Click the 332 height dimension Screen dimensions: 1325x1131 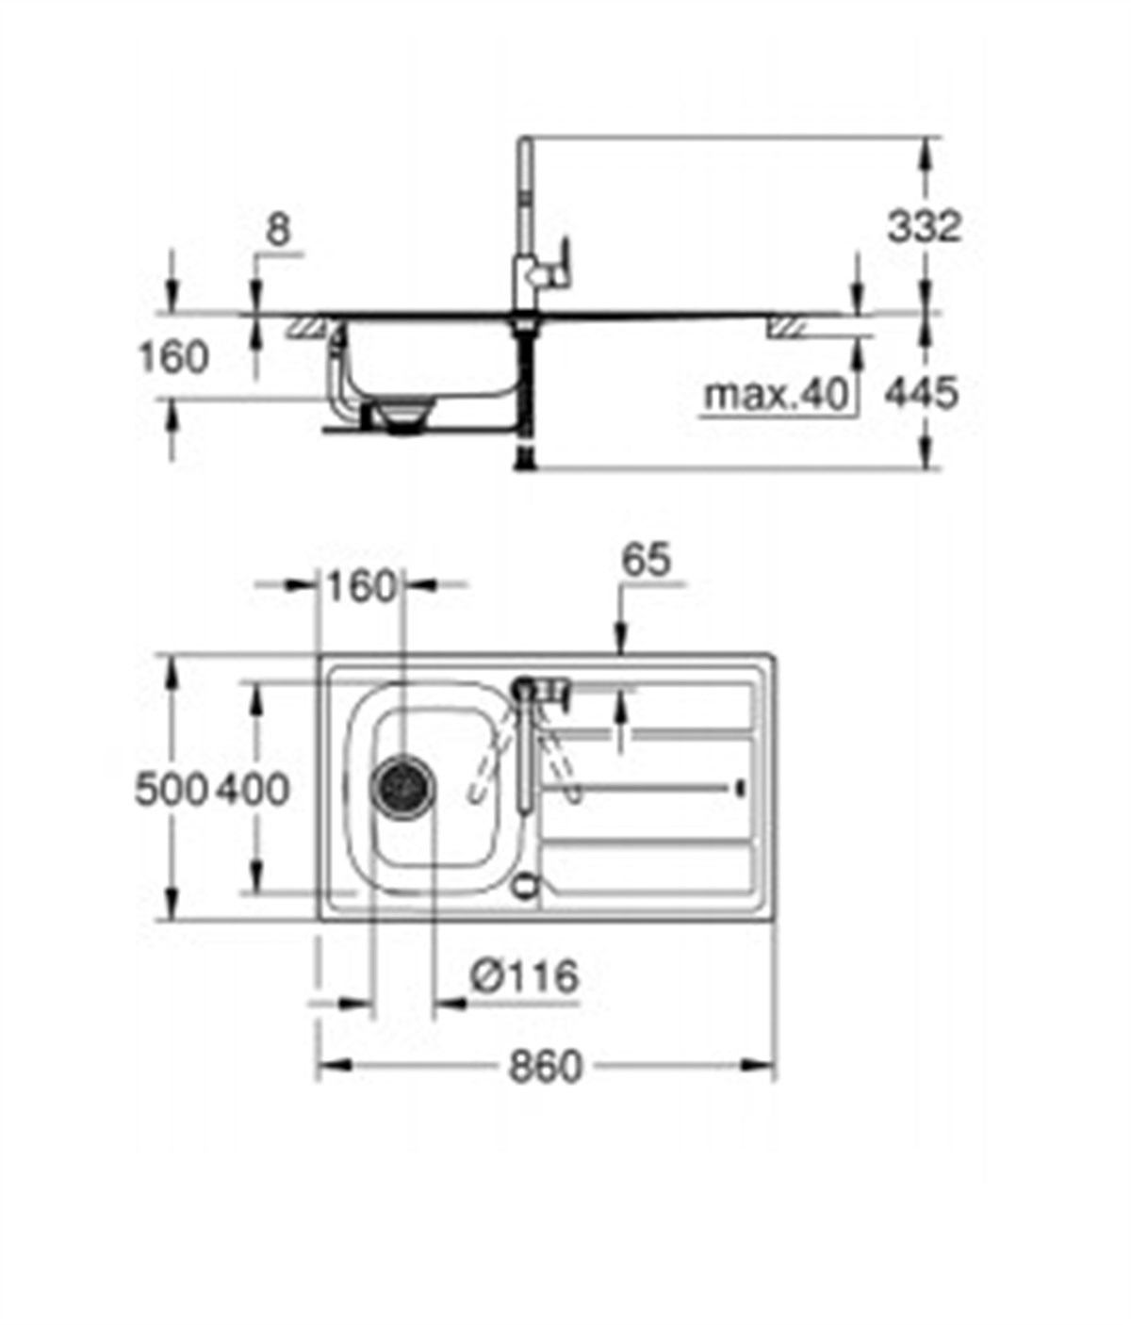924,227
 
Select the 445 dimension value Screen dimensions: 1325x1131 921,392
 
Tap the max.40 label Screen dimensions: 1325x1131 777,394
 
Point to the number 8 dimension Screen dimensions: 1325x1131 279,231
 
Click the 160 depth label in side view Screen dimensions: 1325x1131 173,358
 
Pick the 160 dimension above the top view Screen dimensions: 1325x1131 360,587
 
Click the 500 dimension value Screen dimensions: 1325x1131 170,789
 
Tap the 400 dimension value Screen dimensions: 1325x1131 253,789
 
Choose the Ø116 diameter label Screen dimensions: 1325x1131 524,977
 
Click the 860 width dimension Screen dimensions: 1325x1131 546,1067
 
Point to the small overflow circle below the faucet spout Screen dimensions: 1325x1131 524,886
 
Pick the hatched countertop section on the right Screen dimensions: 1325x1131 786,327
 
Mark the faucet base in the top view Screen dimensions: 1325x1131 524,688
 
